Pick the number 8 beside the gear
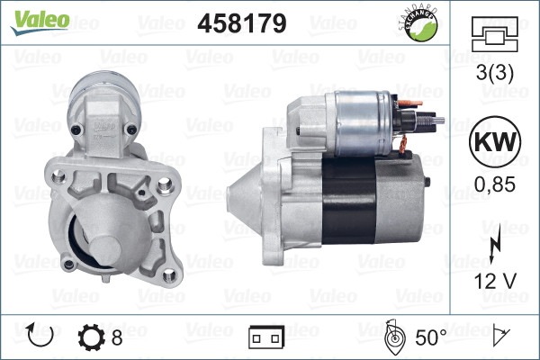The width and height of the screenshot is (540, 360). [116, 338]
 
